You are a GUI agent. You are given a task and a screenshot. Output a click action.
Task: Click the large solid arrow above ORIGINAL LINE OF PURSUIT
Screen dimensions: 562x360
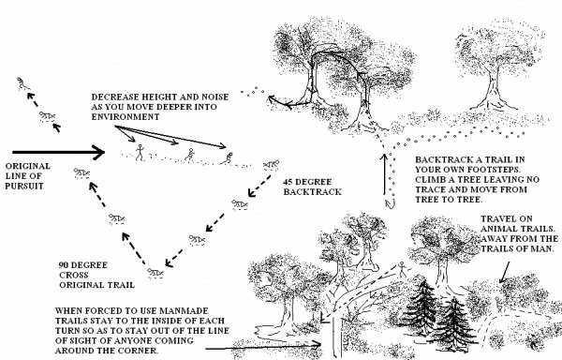58,152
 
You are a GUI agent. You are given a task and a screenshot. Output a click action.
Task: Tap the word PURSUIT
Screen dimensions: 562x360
24,187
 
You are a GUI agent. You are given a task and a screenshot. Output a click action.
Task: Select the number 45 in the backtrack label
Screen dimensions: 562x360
288,182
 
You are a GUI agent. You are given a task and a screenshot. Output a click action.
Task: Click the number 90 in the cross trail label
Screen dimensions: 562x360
64,265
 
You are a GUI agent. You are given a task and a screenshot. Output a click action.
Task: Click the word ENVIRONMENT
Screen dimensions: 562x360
126,117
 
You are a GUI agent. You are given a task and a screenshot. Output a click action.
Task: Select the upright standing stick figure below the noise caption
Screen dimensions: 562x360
139,152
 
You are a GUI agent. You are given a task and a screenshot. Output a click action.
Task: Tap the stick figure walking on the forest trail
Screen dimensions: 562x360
402,269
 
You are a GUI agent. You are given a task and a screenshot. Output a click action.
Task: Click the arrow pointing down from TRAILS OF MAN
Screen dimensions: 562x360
505,272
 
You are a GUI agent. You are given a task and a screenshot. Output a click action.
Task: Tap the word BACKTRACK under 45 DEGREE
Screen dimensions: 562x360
313,192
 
